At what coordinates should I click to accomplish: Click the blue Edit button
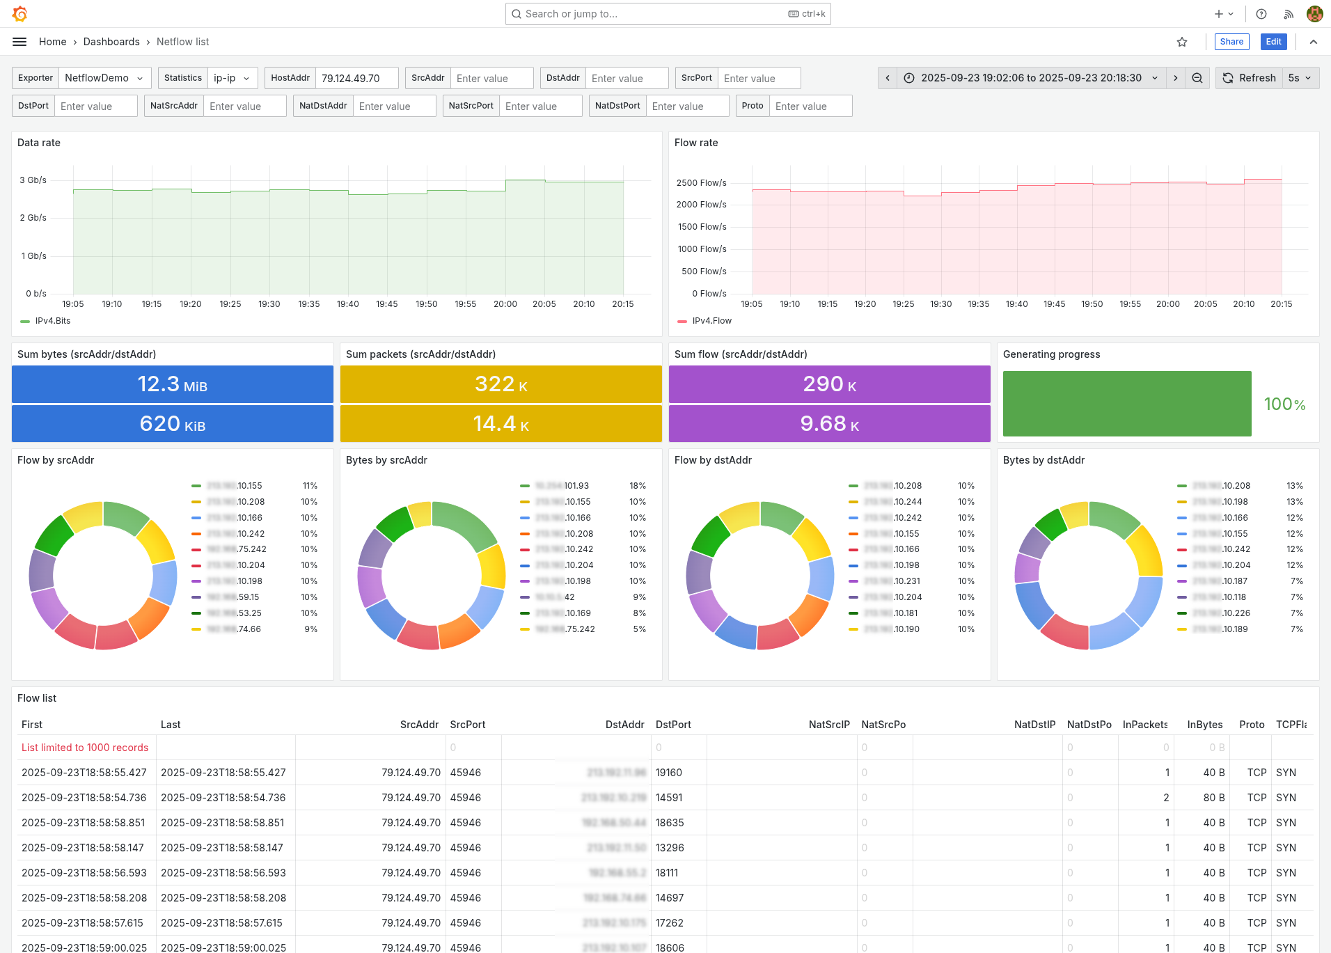click(1273, 42)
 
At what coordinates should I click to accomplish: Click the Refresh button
click(1250, 78)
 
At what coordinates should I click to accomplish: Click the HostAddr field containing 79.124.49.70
click(356, 78)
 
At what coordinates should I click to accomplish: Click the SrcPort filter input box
click(758, 78)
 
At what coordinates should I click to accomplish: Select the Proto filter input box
click(810, 106)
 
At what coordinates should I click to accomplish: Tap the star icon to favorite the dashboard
click(1182, 42)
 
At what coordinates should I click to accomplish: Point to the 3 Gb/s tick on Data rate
click(33, 180)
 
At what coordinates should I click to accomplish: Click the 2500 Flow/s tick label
click(701, 183)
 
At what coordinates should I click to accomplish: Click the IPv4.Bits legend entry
click(52, 321)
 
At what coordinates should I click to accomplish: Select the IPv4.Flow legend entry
click(711, 321)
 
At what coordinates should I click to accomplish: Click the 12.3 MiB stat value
click(172, 384)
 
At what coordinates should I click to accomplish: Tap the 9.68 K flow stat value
click(829, 424)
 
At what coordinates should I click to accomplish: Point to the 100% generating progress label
click(1284, 404)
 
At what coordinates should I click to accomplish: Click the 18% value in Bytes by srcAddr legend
click(638, 486)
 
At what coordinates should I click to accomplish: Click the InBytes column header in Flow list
click(1204, 725)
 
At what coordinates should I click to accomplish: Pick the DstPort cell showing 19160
click(669, 773)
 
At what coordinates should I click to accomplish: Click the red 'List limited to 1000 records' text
click(85, 748)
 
